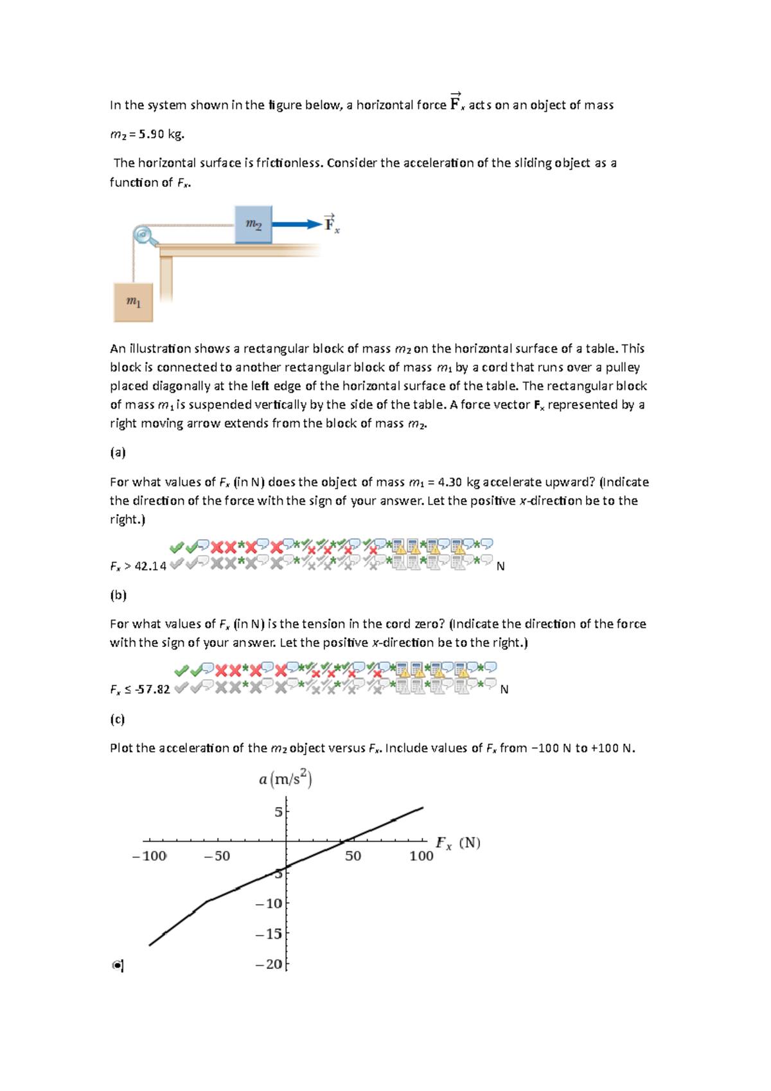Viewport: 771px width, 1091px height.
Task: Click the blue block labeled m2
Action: click(253, 224)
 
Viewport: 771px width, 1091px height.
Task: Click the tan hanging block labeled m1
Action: click(133, 302)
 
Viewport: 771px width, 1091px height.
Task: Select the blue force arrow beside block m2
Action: click(296, 224)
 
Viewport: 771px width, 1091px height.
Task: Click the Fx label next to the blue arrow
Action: click(332, 224)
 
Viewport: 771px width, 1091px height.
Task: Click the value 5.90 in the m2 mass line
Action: click(152, 134)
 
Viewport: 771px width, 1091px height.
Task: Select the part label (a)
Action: click(118, 452)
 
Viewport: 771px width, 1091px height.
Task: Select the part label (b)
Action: click(118, 595)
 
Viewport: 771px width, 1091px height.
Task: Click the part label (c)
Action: click(117, 719)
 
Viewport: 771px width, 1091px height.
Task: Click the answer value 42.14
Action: click(150, 566)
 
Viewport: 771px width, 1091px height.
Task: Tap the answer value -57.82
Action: click(153, 689)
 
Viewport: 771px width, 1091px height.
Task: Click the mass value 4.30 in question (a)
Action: click(449, 482)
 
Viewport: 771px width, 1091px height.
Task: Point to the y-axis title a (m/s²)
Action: click(285, 779)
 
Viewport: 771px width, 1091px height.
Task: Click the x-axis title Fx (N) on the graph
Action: click(457, 843)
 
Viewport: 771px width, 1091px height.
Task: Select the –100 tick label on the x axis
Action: click(149, 856)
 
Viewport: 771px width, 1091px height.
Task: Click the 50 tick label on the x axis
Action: click(353, 856)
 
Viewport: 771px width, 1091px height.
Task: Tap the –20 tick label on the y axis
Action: click(269, 964)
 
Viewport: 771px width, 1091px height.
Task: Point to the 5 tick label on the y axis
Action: click(278, 812)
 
